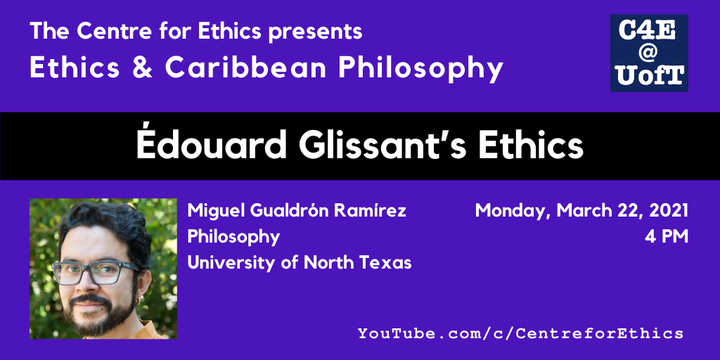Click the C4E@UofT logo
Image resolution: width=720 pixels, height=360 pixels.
[649, 53]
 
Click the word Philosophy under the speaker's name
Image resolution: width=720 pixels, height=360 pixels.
[233, 238]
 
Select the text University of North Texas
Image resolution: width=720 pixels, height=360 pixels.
[299, 263]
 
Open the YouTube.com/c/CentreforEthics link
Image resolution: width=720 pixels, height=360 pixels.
[520, 333]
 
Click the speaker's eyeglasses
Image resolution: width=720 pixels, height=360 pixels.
[95, 272]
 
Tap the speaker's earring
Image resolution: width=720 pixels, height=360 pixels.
[136, 301]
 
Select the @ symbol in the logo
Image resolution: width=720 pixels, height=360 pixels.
[649, 52]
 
